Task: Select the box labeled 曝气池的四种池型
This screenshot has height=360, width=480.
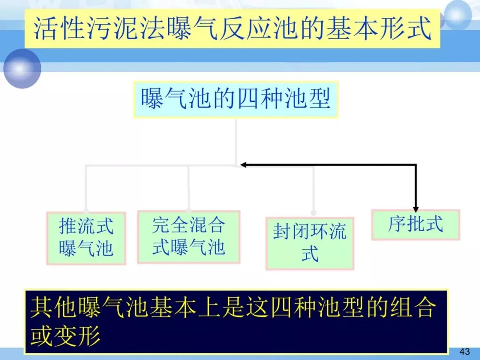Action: coord(236,99)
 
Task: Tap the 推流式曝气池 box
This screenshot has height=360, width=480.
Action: coord(86,238)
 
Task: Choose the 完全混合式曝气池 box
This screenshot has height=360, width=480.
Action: coord(188,236)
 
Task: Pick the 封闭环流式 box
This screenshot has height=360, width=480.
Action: coord(310,243)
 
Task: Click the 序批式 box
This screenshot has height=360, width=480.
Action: coord(416,224)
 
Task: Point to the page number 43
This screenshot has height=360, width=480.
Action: coord(464,352)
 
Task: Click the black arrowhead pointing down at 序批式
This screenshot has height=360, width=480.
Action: coord(416,208)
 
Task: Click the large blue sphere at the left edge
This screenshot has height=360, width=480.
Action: coord(22,68)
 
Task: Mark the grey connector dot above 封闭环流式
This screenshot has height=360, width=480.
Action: coord(314,213)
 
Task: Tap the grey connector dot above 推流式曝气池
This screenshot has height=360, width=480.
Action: coord(86,210)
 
